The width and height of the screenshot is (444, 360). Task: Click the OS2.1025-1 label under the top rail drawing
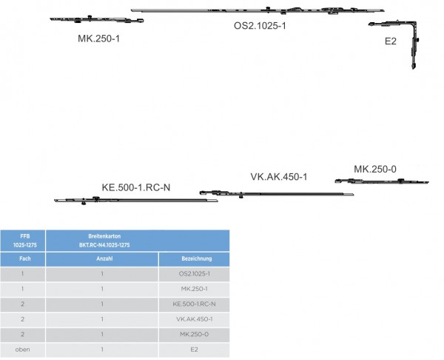pyautogui.click(x=260, y=25)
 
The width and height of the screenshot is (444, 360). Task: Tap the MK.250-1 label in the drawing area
pyautogui.click(x=98, y=37)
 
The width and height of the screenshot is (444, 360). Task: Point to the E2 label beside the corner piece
pyautogui.click(x=391, y=41)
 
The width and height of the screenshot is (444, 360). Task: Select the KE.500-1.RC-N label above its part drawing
pyautogui.click(x=136, y=187)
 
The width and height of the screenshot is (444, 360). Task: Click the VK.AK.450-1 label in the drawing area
pyautogui.click(x=278, y=177)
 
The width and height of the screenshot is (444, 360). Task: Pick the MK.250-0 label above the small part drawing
pyautogui.click(x=375, y=170)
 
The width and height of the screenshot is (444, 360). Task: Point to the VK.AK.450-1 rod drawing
pyautogui.click(x=277, y=194)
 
